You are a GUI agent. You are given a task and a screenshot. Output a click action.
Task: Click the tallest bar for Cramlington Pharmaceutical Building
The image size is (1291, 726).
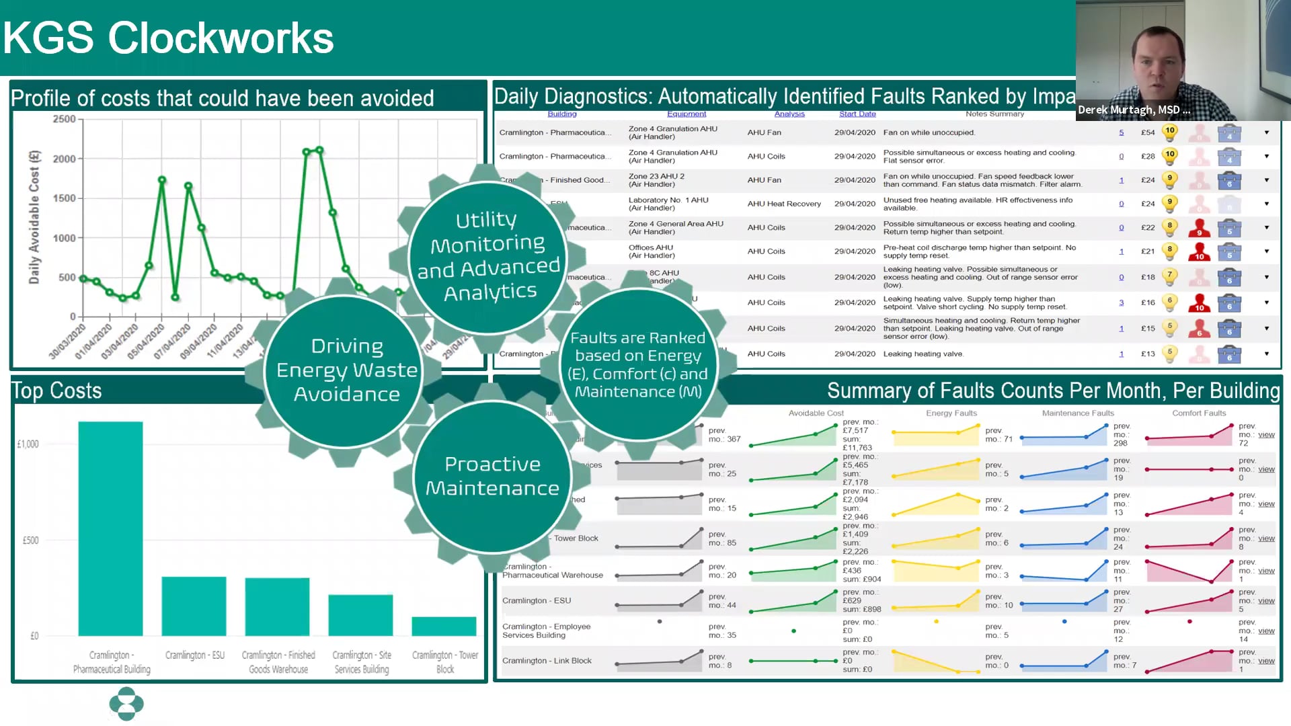(x=110, y=528)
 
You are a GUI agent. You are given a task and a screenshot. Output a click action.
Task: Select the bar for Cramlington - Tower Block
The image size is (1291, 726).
(x=444, y=626)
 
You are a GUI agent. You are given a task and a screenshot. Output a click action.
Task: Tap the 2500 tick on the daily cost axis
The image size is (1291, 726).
(x=65, y=119)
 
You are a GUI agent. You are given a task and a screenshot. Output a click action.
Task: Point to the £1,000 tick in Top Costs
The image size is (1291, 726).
(x=28, y=444)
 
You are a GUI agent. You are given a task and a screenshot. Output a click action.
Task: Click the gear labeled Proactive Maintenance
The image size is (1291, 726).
(x=492, y=476)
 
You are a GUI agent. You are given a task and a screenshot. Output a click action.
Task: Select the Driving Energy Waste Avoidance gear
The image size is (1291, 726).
(x=346, y=370)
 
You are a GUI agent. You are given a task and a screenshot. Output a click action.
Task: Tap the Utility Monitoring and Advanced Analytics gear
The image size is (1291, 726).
(x=489, y=255)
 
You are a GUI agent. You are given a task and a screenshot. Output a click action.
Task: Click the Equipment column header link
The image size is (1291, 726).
(x=687, y=114)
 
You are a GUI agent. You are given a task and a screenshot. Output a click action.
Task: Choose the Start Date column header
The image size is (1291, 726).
(x=857, y=114)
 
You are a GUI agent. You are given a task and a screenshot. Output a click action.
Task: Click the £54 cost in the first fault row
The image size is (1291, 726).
(x=1148, y=132)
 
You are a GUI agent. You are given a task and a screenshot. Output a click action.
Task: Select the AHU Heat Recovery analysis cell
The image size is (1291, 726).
(x=784, y=204)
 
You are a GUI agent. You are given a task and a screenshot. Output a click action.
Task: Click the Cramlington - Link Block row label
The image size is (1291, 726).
(x=547, y=661)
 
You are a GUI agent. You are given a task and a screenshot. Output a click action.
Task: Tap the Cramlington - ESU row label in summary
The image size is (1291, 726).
(x=537, y=600)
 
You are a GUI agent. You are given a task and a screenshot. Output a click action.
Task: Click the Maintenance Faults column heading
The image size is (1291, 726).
(x=1078, y=413)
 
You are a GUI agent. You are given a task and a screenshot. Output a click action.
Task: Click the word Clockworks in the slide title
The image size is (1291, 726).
(x=221, y=38)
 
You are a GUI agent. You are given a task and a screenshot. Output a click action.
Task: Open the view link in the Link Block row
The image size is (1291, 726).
(x=1266, y=661)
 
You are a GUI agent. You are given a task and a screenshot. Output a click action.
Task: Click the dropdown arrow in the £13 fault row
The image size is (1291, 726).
(x=1267, y=354)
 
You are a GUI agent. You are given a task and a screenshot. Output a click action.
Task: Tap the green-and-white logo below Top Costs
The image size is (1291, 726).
(x=126, y=704)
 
